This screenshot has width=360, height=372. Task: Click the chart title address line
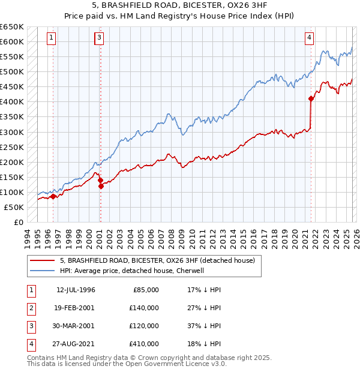(x=180, y=5)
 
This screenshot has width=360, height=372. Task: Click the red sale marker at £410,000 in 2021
(x=311, y=98)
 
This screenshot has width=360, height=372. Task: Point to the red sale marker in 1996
(x=53, y=196)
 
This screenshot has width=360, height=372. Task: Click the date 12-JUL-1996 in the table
(x=76, y=290)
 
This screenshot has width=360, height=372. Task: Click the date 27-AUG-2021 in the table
(x=76, y=344)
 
